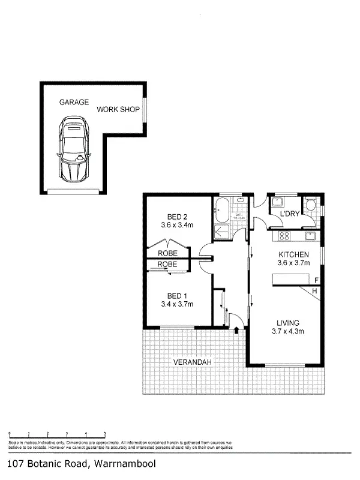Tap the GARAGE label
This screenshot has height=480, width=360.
[73, 103]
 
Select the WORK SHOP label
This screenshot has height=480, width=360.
[118, 110]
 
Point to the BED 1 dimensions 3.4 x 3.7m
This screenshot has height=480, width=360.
[177, 304]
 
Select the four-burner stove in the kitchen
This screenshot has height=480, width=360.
[283, 235]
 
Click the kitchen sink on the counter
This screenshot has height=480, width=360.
[310, 235]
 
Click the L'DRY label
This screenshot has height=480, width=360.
[290, 214]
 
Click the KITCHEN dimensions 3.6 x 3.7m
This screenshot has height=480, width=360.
[293, 262]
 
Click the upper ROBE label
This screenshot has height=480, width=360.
[167, 253]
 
